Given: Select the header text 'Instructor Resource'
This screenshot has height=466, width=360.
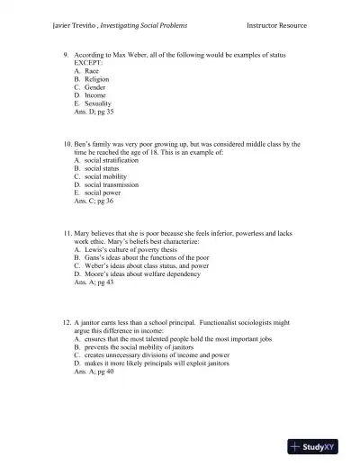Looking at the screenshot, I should [276, 25].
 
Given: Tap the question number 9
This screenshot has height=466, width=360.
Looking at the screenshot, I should [66, 55].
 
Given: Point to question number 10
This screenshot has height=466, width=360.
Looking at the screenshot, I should [66, 143].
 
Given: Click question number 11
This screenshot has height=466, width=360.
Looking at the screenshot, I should [66, 232].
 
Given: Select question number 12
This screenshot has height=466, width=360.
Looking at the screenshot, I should [66, 320].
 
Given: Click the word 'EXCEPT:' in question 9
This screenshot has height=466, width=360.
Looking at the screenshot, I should [88, 63].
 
